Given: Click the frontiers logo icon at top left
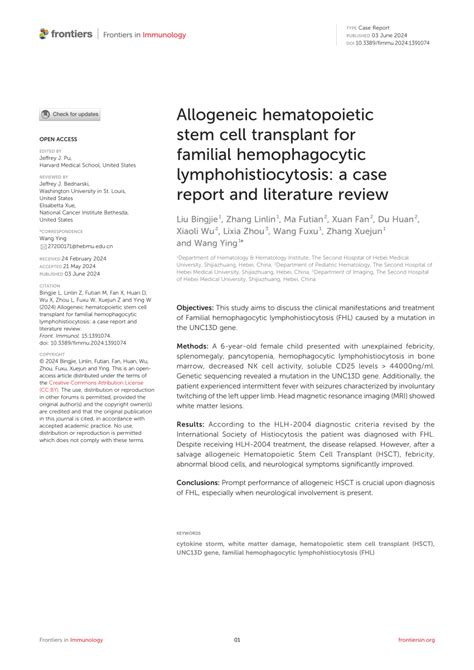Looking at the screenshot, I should click(x=44, y=33).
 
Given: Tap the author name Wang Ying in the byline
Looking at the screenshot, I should click(x=205, y=270).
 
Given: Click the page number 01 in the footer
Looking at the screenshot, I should click(x=237, y=639).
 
